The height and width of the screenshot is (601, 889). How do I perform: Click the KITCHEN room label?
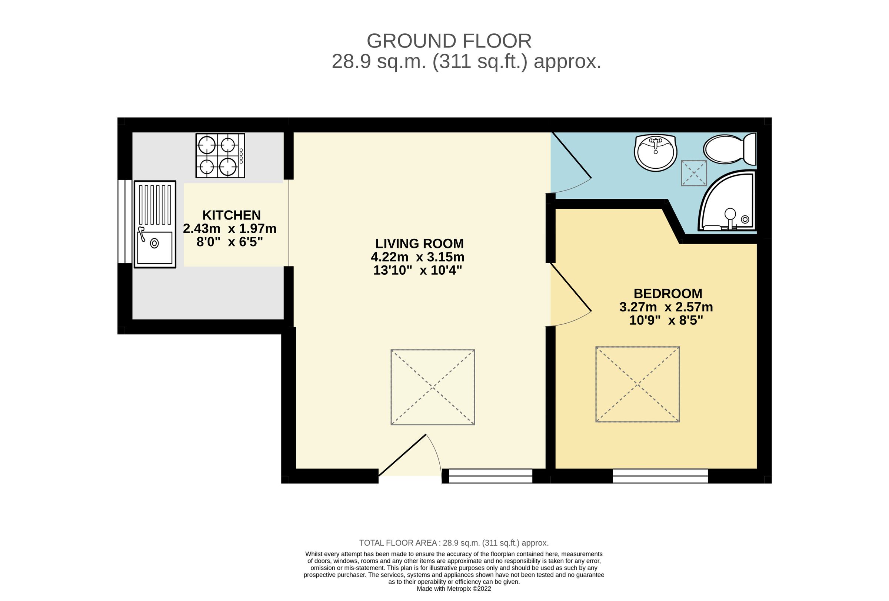tap(232, 215)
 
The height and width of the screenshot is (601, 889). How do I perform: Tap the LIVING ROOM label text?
tap(419, 244)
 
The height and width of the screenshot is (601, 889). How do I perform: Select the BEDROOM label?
tap(668, 294)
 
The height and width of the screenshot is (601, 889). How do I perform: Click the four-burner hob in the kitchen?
tap(220, 155)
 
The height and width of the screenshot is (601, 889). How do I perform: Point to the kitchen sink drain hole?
tap(154, 243)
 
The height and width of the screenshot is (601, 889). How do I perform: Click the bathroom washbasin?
tap(655, 152)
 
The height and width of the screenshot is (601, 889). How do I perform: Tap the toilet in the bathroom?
tap(729, 149)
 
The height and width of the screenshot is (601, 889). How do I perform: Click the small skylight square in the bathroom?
tap(693, 173)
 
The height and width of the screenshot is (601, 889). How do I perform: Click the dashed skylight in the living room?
tap(433, 387)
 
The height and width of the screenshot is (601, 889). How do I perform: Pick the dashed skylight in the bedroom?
tap(637, 384)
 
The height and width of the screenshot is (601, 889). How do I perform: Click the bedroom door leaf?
tap(571, 287)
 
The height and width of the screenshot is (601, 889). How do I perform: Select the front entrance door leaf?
tap(402, 455)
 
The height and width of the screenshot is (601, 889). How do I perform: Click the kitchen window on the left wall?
tap(124, 221)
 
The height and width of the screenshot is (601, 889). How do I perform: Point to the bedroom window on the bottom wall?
tap(660, 476)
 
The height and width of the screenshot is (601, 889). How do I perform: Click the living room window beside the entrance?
tap(490, 476)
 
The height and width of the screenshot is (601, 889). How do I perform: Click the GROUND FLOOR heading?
tap(449, 41)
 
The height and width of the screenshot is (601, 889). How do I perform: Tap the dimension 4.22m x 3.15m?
tap(417, 257)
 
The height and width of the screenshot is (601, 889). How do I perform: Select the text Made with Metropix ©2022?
tap(454, 589)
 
